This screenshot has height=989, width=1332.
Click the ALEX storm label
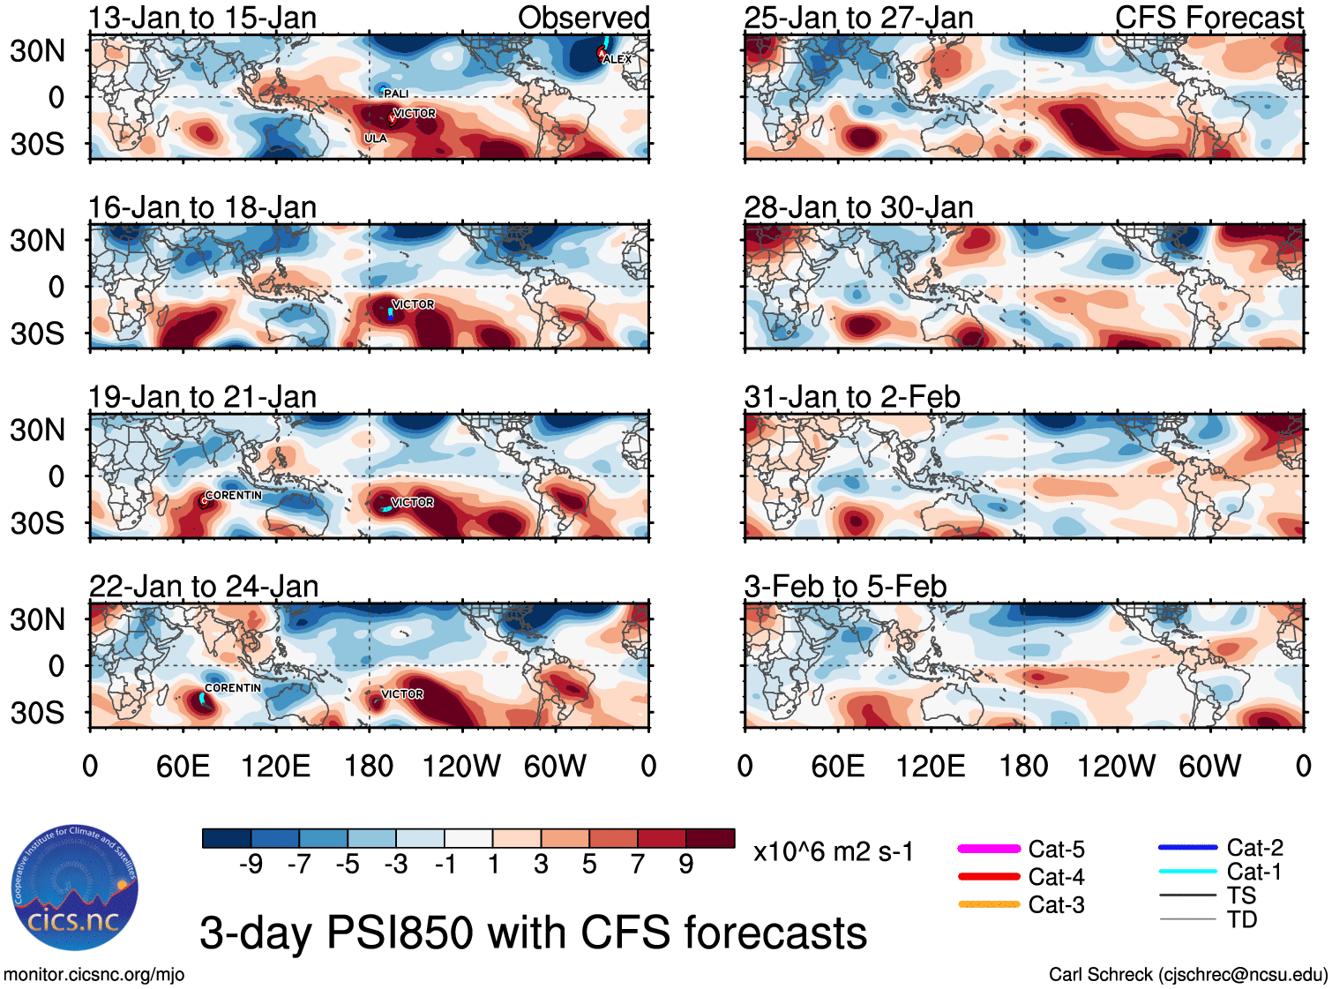(x=617, y=59)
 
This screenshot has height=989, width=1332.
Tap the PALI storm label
(x=396, y=94)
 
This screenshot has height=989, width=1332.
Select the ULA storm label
(x=376, y=139)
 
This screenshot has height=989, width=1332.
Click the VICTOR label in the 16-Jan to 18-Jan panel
(x=413, y=304)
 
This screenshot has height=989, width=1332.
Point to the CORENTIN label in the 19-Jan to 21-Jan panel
(x=233, y=496)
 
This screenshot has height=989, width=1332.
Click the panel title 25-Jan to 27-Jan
(x=858, y=18)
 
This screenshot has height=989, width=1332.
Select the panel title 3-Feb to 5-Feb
(x=845, y=587)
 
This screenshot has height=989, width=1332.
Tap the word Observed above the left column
(x=583, y=18)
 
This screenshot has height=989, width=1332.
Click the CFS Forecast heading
(x=1209, y=18)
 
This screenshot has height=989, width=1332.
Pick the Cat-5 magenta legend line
(x=989, y=849)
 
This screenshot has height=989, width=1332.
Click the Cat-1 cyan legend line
(x=1187, y=872)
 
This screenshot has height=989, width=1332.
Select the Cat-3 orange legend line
(x=989, y=904)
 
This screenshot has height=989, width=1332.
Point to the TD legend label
(x=1242, y=919)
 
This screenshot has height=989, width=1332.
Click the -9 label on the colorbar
(x=251, y=864)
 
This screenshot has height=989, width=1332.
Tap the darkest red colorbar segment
(x=710, y=838)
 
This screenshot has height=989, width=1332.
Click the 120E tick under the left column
(x=275, y=766)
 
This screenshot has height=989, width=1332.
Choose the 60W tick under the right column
(x=1209, y=766)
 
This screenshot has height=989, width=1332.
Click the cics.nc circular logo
(x=74, y=888)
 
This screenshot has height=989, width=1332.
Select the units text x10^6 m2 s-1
(x=833, y=852)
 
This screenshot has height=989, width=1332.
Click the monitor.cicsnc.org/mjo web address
(x=94, y=975)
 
